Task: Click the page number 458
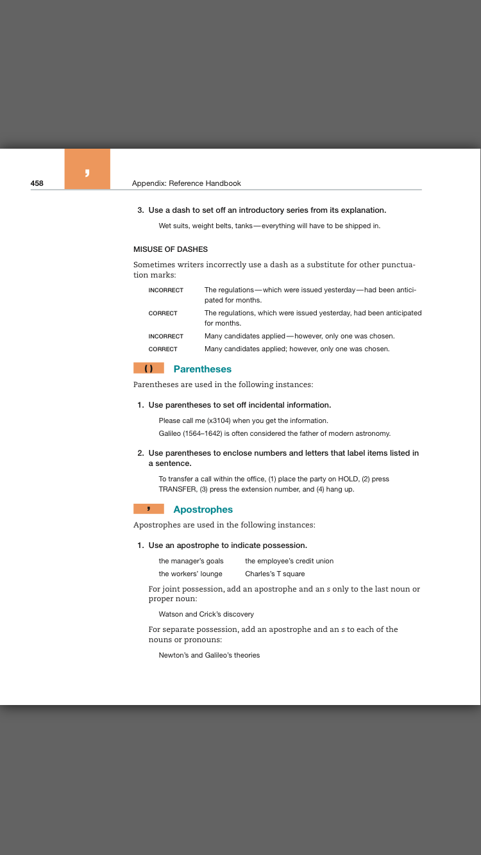[37, 183]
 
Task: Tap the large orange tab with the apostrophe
[87, 169]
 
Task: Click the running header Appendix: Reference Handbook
[186, 183]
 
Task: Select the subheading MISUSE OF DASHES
[171, 249]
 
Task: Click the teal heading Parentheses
[202, 369]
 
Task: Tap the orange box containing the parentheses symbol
[149, 369]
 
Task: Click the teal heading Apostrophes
[203, 510]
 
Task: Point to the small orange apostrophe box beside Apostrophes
[149, 509]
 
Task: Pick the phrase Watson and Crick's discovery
[206, 614]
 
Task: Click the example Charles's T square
[274, 574]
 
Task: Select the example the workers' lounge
[190, 574]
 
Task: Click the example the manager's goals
[191, 561]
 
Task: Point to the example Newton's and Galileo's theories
[209, 655]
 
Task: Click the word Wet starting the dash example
[165, 226]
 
